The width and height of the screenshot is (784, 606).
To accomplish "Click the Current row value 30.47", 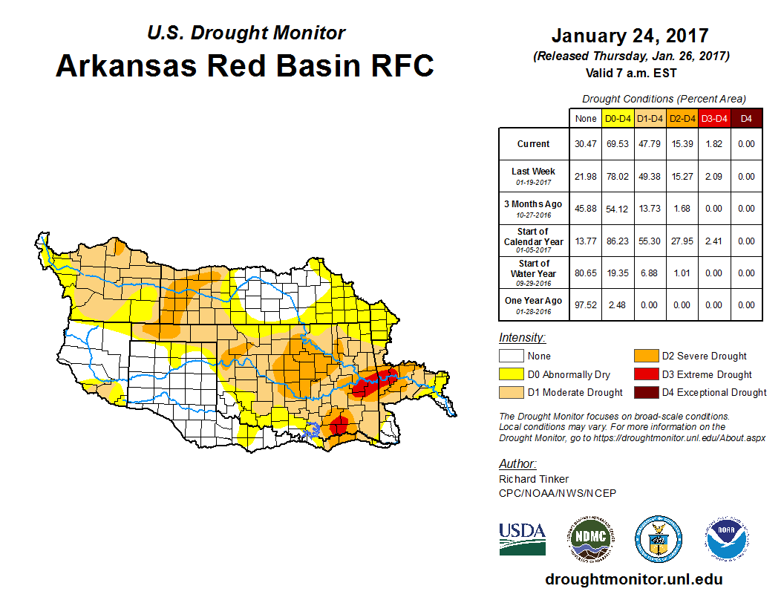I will tap(586, 144).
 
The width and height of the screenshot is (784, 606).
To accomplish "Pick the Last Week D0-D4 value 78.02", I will tap(618, 177).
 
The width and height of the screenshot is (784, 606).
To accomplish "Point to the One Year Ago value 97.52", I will tap(586, 305).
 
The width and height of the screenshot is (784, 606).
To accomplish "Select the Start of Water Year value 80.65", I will tap(586, 273).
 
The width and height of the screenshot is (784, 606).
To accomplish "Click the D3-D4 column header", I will tap(715, 119).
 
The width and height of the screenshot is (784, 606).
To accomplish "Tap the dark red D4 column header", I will tap(747, 119).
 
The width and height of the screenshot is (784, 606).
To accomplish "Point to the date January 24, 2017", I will tap(630, 36).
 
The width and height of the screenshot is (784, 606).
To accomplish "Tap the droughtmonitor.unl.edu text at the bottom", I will tap(633, 579).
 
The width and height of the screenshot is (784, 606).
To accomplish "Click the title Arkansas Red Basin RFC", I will tap(244, 66).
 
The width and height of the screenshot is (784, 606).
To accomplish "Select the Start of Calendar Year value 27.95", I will tap(682, 241).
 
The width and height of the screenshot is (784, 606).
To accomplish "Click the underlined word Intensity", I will tap(522, 338).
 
